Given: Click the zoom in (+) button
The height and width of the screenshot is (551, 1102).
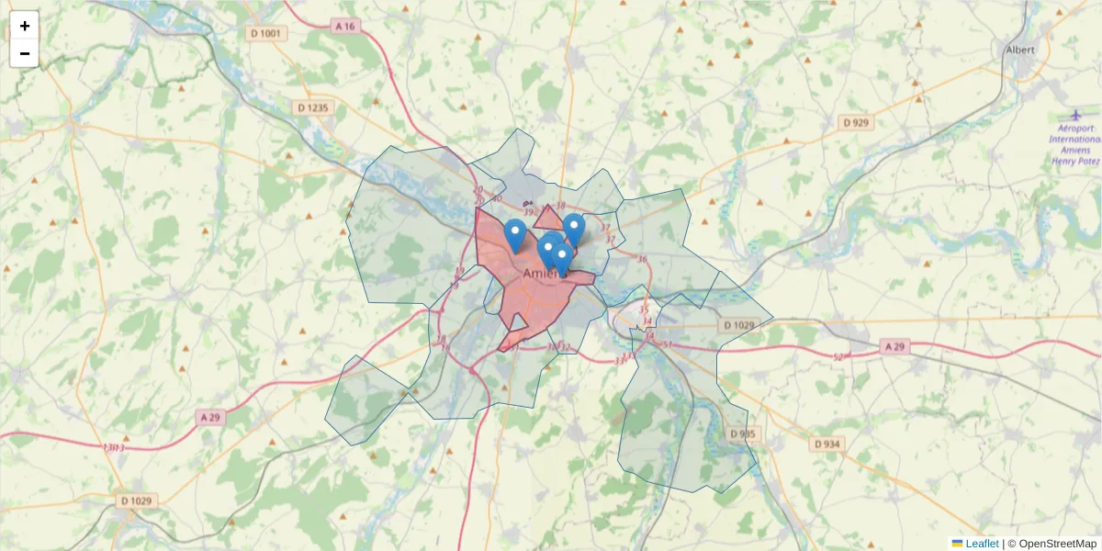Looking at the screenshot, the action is (x=25, y=26).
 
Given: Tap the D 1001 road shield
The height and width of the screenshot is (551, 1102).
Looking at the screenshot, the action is (x=267, y=34).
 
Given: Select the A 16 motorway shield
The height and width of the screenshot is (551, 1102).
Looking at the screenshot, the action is (x=345, y=27).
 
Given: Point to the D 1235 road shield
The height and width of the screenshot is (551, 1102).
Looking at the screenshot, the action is (x=312, y=107).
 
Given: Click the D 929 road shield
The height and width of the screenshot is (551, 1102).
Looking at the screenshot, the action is (x=856, y=122).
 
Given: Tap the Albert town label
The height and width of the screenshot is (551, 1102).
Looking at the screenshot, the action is (x=1020, y=50).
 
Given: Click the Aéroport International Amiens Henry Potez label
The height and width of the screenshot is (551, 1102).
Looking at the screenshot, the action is (x=1075, y=144).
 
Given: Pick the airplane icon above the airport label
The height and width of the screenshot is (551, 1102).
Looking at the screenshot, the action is (x=1075, y=114).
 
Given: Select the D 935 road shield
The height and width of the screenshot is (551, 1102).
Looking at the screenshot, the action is (x=744, y=433).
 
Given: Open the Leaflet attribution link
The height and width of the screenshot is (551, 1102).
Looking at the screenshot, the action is (x=982, y=544).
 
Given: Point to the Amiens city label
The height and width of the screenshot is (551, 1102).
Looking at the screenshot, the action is (x=545, y=274).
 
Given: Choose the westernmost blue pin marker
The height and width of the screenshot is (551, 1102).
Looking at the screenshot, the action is (x=515, y=232).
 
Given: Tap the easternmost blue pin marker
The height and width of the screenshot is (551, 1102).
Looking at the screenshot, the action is (x=574, y=227).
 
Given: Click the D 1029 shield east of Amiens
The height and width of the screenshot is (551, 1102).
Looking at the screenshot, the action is (x=738, y=325).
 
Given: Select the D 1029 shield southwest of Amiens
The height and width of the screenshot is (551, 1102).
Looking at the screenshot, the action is (x=137, y=501).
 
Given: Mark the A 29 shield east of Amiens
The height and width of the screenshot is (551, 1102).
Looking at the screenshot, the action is (x=894, y=346).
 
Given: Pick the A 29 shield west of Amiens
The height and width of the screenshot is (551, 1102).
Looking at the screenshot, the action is (x=211, y=417).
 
